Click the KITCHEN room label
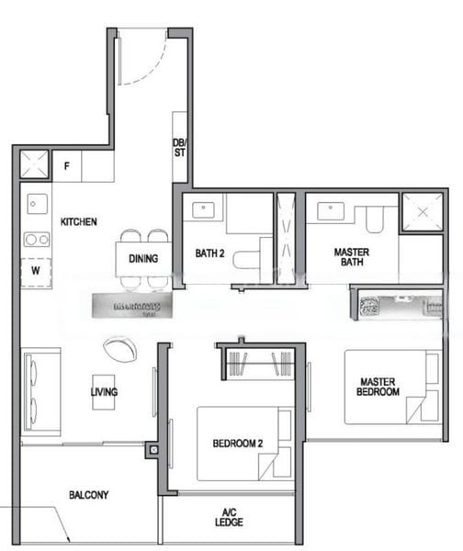(x=79, y=222)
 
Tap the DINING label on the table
(x=143, y=259)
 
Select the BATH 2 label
(x=209, y=253)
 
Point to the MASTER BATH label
(x=351, y=256)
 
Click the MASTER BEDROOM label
(x=378, y=387)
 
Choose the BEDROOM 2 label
(x=237, y=444)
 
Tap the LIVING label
(x=104, y=392)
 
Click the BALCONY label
(x=88, y=495)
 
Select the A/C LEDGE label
(x=230, y=517)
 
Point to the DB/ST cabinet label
(x=179, y=147)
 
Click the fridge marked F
(x=67, y=166)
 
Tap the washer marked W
(x=37, y=272)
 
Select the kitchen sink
(x=37, y=203)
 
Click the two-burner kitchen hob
(x=37, y=239)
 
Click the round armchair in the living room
(x=120, y=348)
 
